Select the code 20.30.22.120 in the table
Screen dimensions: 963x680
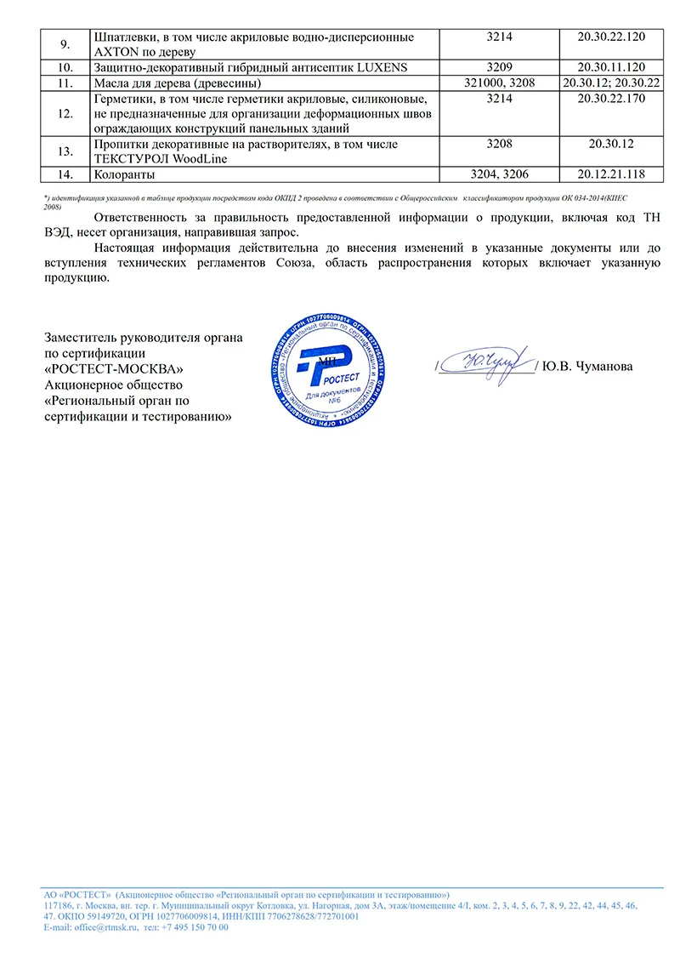pos(611,37)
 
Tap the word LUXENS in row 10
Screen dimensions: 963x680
pos(388,66)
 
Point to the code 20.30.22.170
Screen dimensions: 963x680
pos(611,99)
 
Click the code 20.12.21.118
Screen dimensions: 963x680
pos(611,174)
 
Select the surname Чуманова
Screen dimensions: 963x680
pos(603,367)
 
